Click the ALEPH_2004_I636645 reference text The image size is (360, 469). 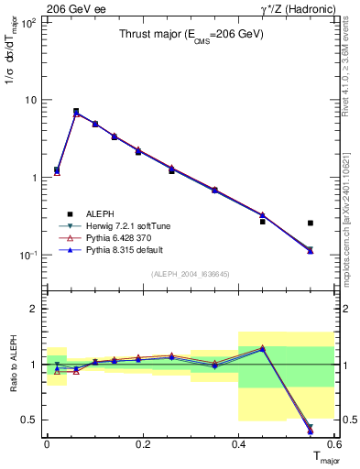(190, 275)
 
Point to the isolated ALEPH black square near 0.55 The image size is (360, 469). (311, 223)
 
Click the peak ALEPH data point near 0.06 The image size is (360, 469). (76, 111)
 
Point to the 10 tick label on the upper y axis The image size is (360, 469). (31, 100)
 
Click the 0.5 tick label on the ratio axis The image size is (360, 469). (29, 420)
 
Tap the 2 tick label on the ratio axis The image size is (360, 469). (33, 310)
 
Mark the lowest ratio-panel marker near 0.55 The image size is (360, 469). (311, 431)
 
